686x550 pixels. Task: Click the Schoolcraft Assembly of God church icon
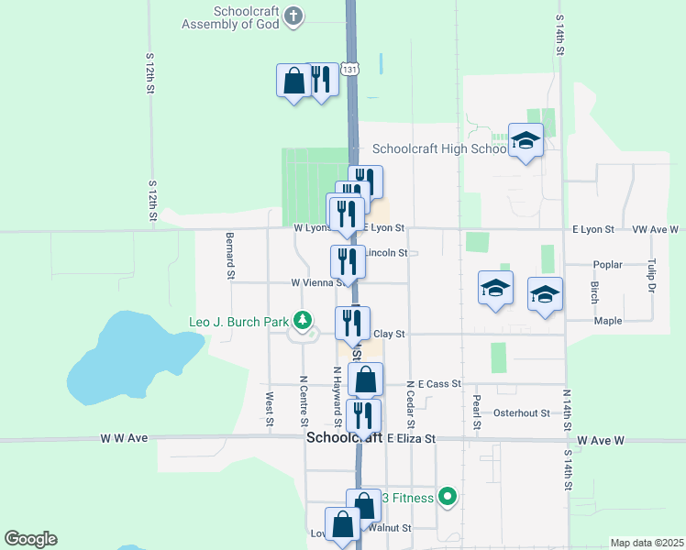[x=293, y=16]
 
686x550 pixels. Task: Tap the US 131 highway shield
[x=349, y=69]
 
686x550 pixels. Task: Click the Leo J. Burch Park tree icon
[x=301, y=320]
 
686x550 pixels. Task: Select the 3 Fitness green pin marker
[x=448, y=498]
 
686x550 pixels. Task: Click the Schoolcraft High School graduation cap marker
[x=526, y=141]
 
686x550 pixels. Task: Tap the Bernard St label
[x=230, y=255]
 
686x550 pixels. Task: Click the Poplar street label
[x=607, y=264]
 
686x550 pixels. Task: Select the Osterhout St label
[x=521, y=412]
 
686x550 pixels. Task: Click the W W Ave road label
[x=124, y=438]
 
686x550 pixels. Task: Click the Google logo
[x=30, y=539]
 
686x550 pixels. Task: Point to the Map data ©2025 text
[x=647, y=543]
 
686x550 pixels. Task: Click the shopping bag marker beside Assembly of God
[x=293, y=81]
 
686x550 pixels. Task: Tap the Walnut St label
[x=389, y=527]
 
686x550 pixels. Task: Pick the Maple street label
[x=607, y=321]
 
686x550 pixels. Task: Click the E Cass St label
[x=439, y=383]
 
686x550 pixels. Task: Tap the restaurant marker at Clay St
[x=352, y=323]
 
